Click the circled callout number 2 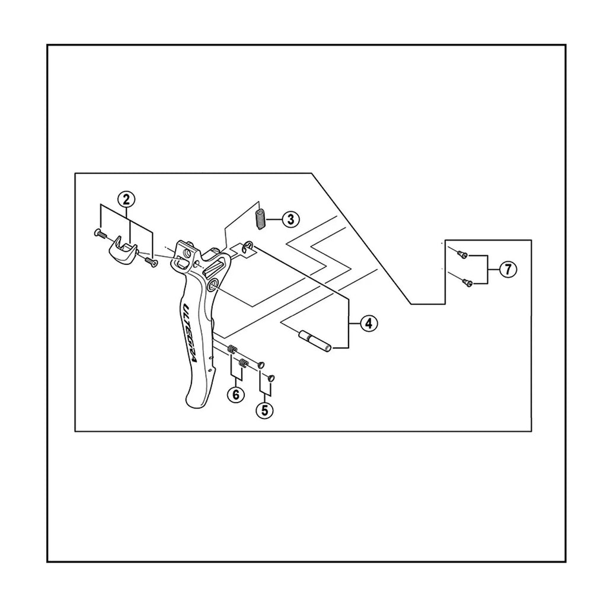(x=126, y=200)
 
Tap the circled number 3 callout (x=290, y=219)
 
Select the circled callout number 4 (x=369, y=323)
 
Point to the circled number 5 (x=265, y=410)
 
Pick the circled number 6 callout (x=236, y=394)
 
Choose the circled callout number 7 (x=508, y=269)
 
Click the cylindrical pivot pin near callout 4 (x=315, y=341)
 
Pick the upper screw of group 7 (x=462, y=254)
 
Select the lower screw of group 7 (x=467, y=283)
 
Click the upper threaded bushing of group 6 (x=232, y=349)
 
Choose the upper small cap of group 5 (x=261, y=365)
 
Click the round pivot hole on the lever (x=212, y=287)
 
